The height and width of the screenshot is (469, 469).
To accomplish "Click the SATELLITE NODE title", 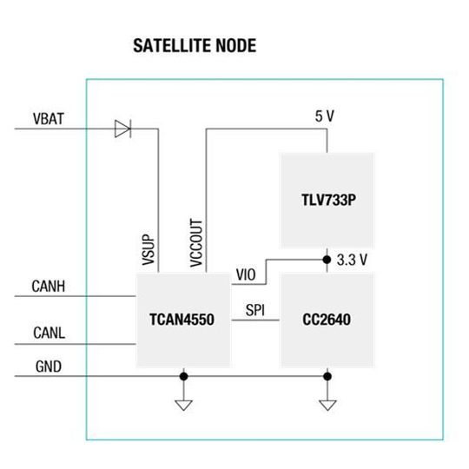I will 194,45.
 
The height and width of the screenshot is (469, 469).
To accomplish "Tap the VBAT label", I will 47,118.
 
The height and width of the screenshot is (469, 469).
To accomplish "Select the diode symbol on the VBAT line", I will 122,129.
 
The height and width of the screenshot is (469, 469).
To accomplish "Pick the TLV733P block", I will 326,201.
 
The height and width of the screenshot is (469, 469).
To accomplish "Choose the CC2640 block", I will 326,319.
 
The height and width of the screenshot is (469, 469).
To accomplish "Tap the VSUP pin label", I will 148,248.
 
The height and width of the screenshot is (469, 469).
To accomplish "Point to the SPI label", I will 256,309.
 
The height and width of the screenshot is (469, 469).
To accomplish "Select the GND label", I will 48,366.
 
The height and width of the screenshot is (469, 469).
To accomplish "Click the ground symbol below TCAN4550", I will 183,404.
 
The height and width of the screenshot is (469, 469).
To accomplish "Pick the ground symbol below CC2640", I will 327,404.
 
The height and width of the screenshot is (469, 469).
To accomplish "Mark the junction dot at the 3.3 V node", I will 327,259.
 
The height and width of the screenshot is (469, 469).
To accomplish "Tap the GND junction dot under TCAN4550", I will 183,376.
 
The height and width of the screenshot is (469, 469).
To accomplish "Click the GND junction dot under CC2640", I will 327,376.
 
